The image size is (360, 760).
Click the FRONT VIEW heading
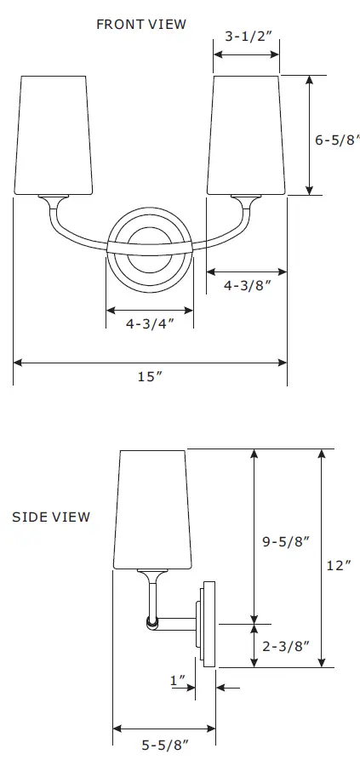point(140,24)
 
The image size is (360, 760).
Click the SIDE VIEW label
point(51,517)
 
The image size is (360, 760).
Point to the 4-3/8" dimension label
point(246,287)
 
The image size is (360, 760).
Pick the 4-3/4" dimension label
point(150,324)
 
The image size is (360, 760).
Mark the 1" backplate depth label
point(177,680)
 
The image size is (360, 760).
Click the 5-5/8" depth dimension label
point(164,745)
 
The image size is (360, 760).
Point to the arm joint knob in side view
point(152,624)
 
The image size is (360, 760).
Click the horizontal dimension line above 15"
point(150,362)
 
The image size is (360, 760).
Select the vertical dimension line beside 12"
point(321,557)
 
